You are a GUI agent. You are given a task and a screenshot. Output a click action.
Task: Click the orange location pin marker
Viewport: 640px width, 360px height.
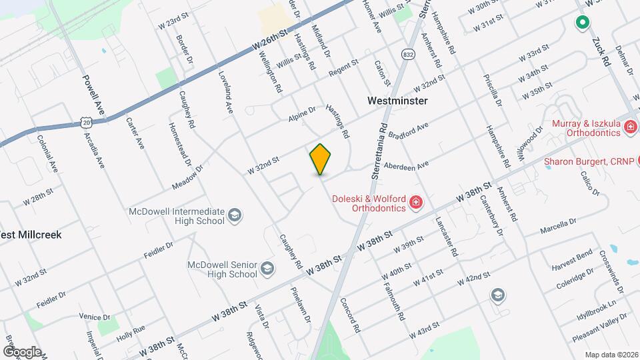[321, 159]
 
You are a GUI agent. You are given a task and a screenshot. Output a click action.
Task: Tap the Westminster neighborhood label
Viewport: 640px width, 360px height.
[397, 101]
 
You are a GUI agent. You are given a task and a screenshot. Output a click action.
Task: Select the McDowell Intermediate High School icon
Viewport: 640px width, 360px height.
[234, 215]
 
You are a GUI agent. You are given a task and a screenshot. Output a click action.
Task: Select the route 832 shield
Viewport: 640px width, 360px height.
[408, 53]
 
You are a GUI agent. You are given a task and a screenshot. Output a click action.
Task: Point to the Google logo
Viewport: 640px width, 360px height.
[21, 351]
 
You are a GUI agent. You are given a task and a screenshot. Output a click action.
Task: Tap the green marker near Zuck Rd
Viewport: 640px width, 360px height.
[582, 23]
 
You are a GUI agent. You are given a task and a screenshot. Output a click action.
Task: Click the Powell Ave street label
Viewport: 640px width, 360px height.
[94, 96]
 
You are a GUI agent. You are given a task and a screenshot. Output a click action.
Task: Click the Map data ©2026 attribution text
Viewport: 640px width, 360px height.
[611, 355]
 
